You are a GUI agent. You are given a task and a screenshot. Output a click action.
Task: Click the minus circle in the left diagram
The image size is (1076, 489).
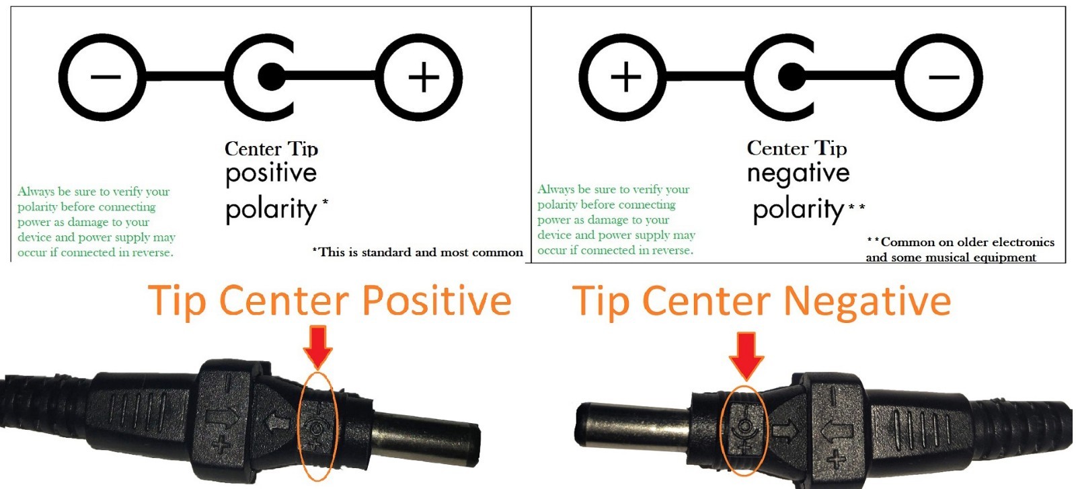(102, 77)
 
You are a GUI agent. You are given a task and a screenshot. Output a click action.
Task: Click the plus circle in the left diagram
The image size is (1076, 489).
(420, 77)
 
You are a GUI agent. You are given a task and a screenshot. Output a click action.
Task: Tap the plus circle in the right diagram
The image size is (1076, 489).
(623, 77)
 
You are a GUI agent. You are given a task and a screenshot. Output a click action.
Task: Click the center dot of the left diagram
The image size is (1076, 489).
(271, 77)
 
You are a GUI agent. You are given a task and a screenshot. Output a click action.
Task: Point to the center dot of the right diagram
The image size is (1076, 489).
(792, 77)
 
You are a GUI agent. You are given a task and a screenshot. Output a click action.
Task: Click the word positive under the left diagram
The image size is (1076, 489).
(271, 174)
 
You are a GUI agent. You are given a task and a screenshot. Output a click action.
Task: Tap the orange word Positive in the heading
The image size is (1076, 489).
(436, 300)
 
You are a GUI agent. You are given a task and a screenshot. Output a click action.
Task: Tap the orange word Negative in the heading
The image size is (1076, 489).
(868, 300)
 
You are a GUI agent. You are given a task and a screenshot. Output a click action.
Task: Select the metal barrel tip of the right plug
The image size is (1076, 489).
(632, 427)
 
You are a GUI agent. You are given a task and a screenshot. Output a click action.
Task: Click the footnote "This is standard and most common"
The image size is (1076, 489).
(418, 252)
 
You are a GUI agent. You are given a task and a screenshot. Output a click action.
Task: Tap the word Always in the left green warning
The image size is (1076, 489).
(36, 192)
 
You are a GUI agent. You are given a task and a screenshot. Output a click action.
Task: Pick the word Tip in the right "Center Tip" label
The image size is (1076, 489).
(831, 148)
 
